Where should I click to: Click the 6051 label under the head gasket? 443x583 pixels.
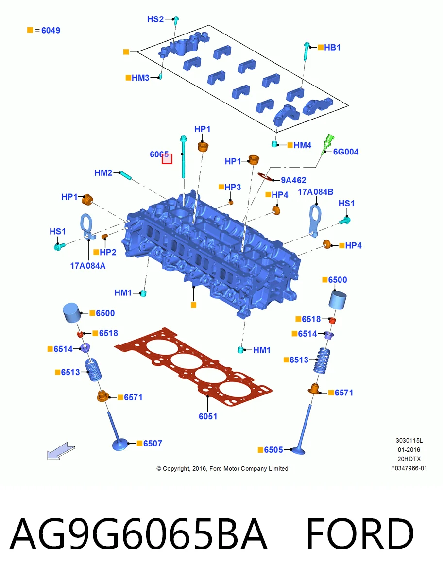pos(208,416)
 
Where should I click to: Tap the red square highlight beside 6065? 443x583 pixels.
pos(167,158)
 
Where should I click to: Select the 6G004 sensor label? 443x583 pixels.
pos(345,152)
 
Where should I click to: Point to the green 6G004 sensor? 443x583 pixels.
pos(328,144)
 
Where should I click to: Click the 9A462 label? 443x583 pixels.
pos(293,180)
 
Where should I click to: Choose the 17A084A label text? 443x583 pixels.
pos(87,266)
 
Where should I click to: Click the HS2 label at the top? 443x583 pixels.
pos(155,19)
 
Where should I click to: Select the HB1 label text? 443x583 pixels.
pos(332,47)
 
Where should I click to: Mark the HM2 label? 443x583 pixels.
pos(103,173)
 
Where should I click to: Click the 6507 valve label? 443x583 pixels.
pos(153,443)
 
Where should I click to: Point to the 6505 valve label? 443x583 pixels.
pos(273,450)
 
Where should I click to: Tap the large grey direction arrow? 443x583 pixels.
pos(61,451)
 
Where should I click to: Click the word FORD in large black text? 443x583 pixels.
pos(360,534)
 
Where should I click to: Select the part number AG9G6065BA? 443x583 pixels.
pos(138,534)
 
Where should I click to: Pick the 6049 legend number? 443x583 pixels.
pos(51,30)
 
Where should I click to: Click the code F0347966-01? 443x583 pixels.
pos(409,468)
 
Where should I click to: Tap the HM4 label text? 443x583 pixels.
pos(303,145)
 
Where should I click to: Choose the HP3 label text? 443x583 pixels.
pos(233,187)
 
